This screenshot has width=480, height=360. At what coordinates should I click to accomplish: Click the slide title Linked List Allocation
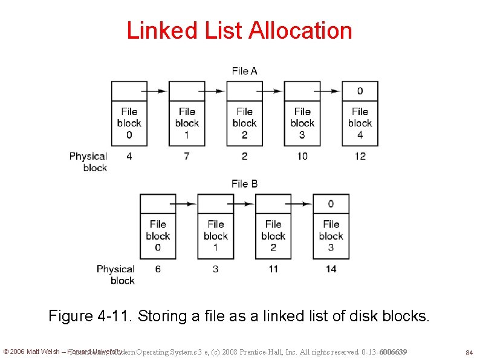point(239,30)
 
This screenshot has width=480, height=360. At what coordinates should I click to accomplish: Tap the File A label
point(244,71)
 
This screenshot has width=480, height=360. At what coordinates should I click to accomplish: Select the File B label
point(244,183)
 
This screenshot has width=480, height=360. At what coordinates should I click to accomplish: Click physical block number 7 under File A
point(187,156)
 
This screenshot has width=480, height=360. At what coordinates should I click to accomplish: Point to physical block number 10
point(302,156)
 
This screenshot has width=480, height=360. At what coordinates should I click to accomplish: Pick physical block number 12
point(360,156)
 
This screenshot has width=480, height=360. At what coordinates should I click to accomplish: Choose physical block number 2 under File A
point(244,156)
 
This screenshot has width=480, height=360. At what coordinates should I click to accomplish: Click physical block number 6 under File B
point(158,269)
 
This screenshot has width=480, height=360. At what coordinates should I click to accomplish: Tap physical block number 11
point(273,269)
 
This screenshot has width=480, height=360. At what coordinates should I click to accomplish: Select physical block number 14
point(331,269)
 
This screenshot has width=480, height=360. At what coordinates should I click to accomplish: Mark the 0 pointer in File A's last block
point(360,91)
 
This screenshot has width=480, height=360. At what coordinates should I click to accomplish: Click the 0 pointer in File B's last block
point(331,204)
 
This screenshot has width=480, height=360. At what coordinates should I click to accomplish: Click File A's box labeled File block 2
point(244,123)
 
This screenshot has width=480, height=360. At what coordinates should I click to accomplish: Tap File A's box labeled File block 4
point(360,123)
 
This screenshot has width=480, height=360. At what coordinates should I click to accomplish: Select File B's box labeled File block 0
point(158,236)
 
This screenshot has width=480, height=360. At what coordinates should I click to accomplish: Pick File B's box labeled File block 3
point(331,236)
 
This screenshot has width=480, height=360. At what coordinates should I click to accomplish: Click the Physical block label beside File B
point(115,274)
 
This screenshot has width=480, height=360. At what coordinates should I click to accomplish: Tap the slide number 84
point(468,352)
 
